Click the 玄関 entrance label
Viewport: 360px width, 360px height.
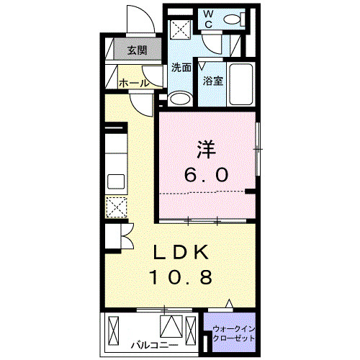point(137,50)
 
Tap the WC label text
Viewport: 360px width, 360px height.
point(209,19)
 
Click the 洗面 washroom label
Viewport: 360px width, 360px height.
point(181,68)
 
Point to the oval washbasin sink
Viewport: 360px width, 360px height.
point(180,99)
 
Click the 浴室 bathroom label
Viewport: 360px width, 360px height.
point(213,81)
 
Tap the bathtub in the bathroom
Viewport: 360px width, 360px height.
point(241,84)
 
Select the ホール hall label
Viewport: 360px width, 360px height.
point(134,83)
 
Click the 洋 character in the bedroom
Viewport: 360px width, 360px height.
point(207,150)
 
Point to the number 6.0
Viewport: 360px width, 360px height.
point(206,175)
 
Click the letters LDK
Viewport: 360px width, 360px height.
point(181,252)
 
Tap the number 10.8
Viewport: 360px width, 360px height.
point(181,277)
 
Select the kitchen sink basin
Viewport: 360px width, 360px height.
point(116,181)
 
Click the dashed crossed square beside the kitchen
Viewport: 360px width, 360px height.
point(117,207)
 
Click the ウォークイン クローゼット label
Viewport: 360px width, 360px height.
point(234,333)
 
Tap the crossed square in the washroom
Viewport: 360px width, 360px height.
point(181,30)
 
